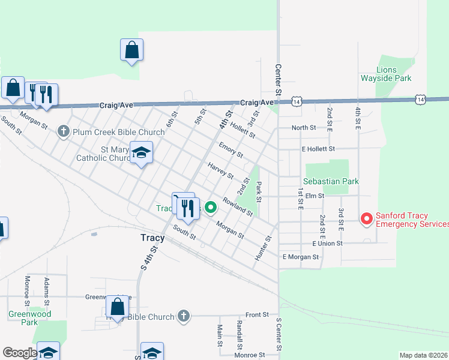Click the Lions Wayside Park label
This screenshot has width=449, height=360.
pyautogui.click(x=385, y=74)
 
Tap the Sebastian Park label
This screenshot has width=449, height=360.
pyautogui.click(x=330, y=181)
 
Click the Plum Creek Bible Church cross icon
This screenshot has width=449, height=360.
pyautogui.click(x=64, y=131)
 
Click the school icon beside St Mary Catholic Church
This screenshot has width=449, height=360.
pyautogui.click(x=141, y=153)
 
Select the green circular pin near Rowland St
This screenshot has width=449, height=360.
pyautogui.click(x=211, y=208)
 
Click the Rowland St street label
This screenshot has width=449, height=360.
pyautogui.click(x=238, y=206)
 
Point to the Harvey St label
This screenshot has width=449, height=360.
pyautogui.click(x=220, y=170)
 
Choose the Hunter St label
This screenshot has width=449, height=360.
pyautogui.click(x=264, y=247)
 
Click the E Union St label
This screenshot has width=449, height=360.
pyautogui.click(x=327, y=244)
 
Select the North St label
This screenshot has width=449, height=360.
pyautogui.click(x=304, y=128)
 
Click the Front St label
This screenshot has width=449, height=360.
pyautogui.click(x=256, y=315)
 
